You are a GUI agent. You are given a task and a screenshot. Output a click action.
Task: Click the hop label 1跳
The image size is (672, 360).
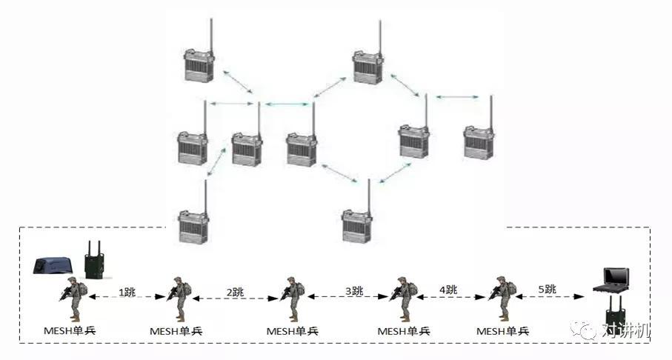(x=127, y=293)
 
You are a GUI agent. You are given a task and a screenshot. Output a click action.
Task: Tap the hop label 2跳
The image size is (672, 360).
(x=235, y=293)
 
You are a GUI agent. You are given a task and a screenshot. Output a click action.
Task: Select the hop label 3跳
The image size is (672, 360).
(x=354, y=291)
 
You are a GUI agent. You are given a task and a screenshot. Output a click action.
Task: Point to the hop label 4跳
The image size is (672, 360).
(x=448, y=290)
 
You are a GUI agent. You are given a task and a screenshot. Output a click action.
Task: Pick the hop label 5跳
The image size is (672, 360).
(x=548, y=290)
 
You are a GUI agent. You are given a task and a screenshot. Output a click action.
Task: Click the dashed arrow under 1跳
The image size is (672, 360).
(x=127, y=296)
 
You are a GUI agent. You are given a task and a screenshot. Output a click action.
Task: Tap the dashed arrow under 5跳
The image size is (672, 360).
(x=550, y=296)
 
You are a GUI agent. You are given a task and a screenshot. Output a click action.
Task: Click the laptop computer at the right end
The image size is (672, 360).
(x=611, y=281)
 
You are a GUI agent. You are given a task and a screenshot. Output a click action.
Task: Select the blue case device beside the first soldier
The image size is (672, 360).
(x=53, y=265)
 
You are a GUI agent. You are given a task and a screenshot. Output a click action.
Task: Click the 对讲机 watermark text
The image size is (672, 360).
(x=626, y=330)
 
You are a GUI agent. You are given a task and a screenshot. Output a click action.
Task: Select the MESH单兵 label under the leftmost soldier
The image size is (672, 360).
(x=70, y=330)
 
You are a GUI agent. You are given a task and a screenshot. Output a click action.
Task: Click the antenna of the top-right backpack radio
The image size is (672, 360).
(x=380, y=36)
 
